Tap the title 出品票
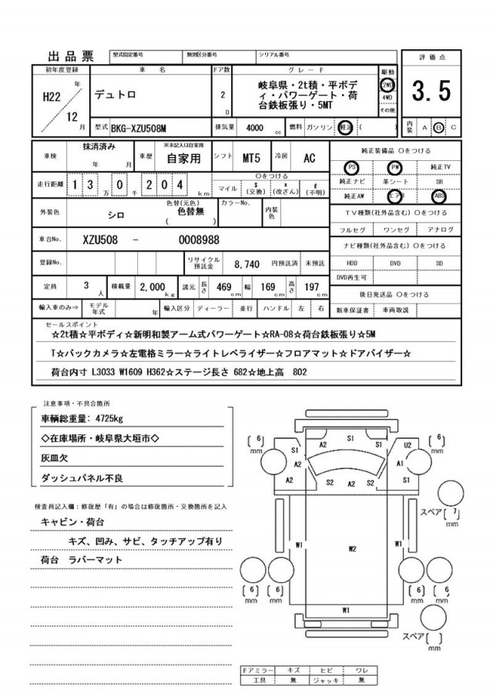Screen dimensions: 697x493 coord(71,55)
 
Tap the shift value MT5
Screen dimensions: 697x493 coord(251,158)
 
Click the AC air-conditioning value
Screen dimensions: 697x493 coord(308,158)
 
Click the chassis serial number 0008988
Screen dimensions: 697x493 coord(200,240)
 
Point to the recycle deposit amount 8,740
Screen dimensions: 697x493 coord(246,263)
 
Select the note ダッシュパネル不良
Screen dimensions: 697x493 coord(81,478)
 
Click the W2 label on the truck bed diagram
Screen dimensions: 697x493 coord(351,549)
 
